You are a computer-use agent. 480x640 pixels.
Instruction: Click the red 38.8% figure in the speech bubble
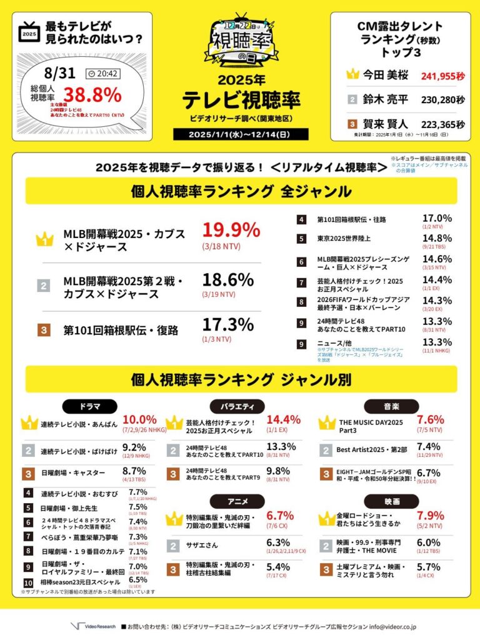(x=94, y=94)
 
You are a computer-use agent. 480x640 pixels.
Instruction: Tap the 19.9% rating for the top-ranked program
(x=230, y=231)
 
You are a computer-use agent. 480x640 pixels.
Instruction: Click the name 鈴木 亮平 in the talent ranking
(x=386, y=99)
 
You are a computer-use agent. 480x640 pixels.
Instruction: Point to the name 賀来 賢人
(x=386, y=124)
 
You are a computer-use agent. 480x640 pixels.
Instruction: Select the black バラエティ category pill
(x=241, y=406)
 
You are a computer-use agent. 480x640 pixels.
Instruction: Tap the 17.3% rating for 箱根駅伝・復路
(x=227, y=325)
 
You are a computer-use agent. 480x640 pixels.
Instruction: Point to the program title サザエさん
(x=201, y=546)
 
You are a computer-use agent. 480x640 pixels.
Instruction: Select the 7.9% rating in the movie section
(x=430, y=516)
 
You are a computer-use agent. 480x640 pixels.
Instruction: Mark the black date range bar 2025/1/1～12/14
(x=241, y=134)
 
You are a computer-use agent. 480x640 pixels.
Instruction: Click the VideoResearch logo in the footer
(x=91, y=626)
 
